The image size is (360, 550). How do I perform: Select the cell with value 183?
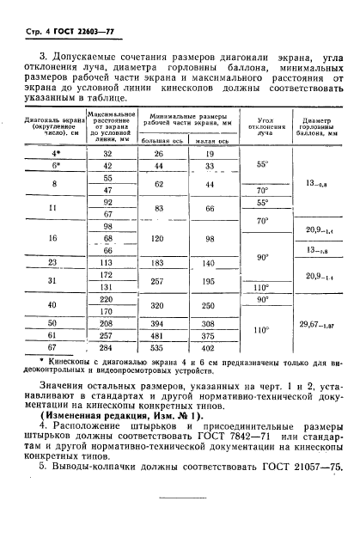pos(157,263)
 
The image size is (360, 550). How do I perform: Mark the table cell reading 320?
pos(157,306)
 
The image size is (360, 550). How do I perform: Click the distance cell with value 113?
pos(108,263)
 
